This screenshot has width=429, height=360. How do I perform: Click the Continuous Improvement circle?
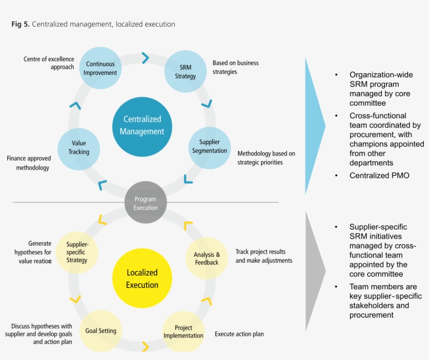coord(100,69)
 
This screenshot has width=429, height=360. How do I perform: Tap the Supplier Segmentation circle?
coord(209,147)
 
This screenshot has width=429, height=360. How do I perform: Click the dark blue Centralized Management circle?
coord(141,126)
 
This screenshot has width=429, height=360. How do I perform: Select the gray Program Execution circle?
coord(145,203)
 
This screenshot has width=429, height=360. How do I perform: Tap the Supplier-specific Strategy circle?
coord(77,252)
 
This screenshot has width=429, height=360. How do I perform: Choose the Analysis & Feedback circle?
coord(207,258)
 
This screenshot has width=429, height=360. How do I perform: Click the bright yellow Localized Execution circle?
coord(142,278)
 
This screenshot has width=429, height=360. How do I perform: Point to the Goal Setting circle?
coord(101,331)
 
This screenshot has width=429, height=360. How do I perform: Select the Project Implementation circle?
coord(183,331)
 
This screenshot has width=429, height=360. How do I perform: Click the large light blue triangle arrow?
coord(314,126)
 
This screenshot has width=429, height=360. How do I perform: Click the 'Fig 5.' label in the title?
coord(20,24)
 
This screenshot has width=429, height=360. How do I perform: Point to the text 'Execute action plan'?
coord(239,334)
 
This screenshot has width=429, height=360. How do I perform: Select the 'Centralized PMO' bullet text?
coord(379,176)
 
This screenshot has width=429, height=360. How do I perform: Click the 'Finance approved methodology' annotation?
coord(28,163)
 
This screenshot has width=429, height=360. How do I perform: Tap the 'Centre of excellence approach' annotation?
coord(49,63)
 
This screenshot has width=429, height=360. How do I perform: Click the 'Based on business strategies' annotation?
coord(235,67)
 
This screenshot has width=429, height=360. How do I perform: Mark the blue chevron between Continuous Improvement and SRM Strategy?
coord(145,58)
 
